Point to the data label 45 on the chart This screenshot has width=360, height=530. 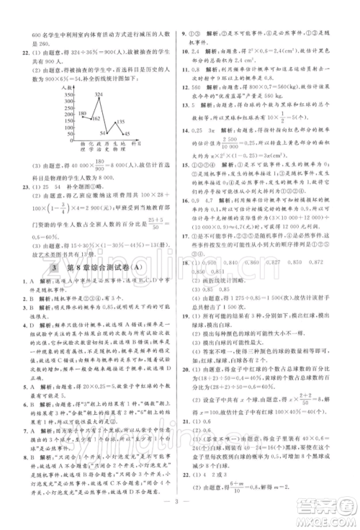pos(127,135)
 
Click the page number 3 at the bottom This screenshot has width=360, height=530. pos(181,516)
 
